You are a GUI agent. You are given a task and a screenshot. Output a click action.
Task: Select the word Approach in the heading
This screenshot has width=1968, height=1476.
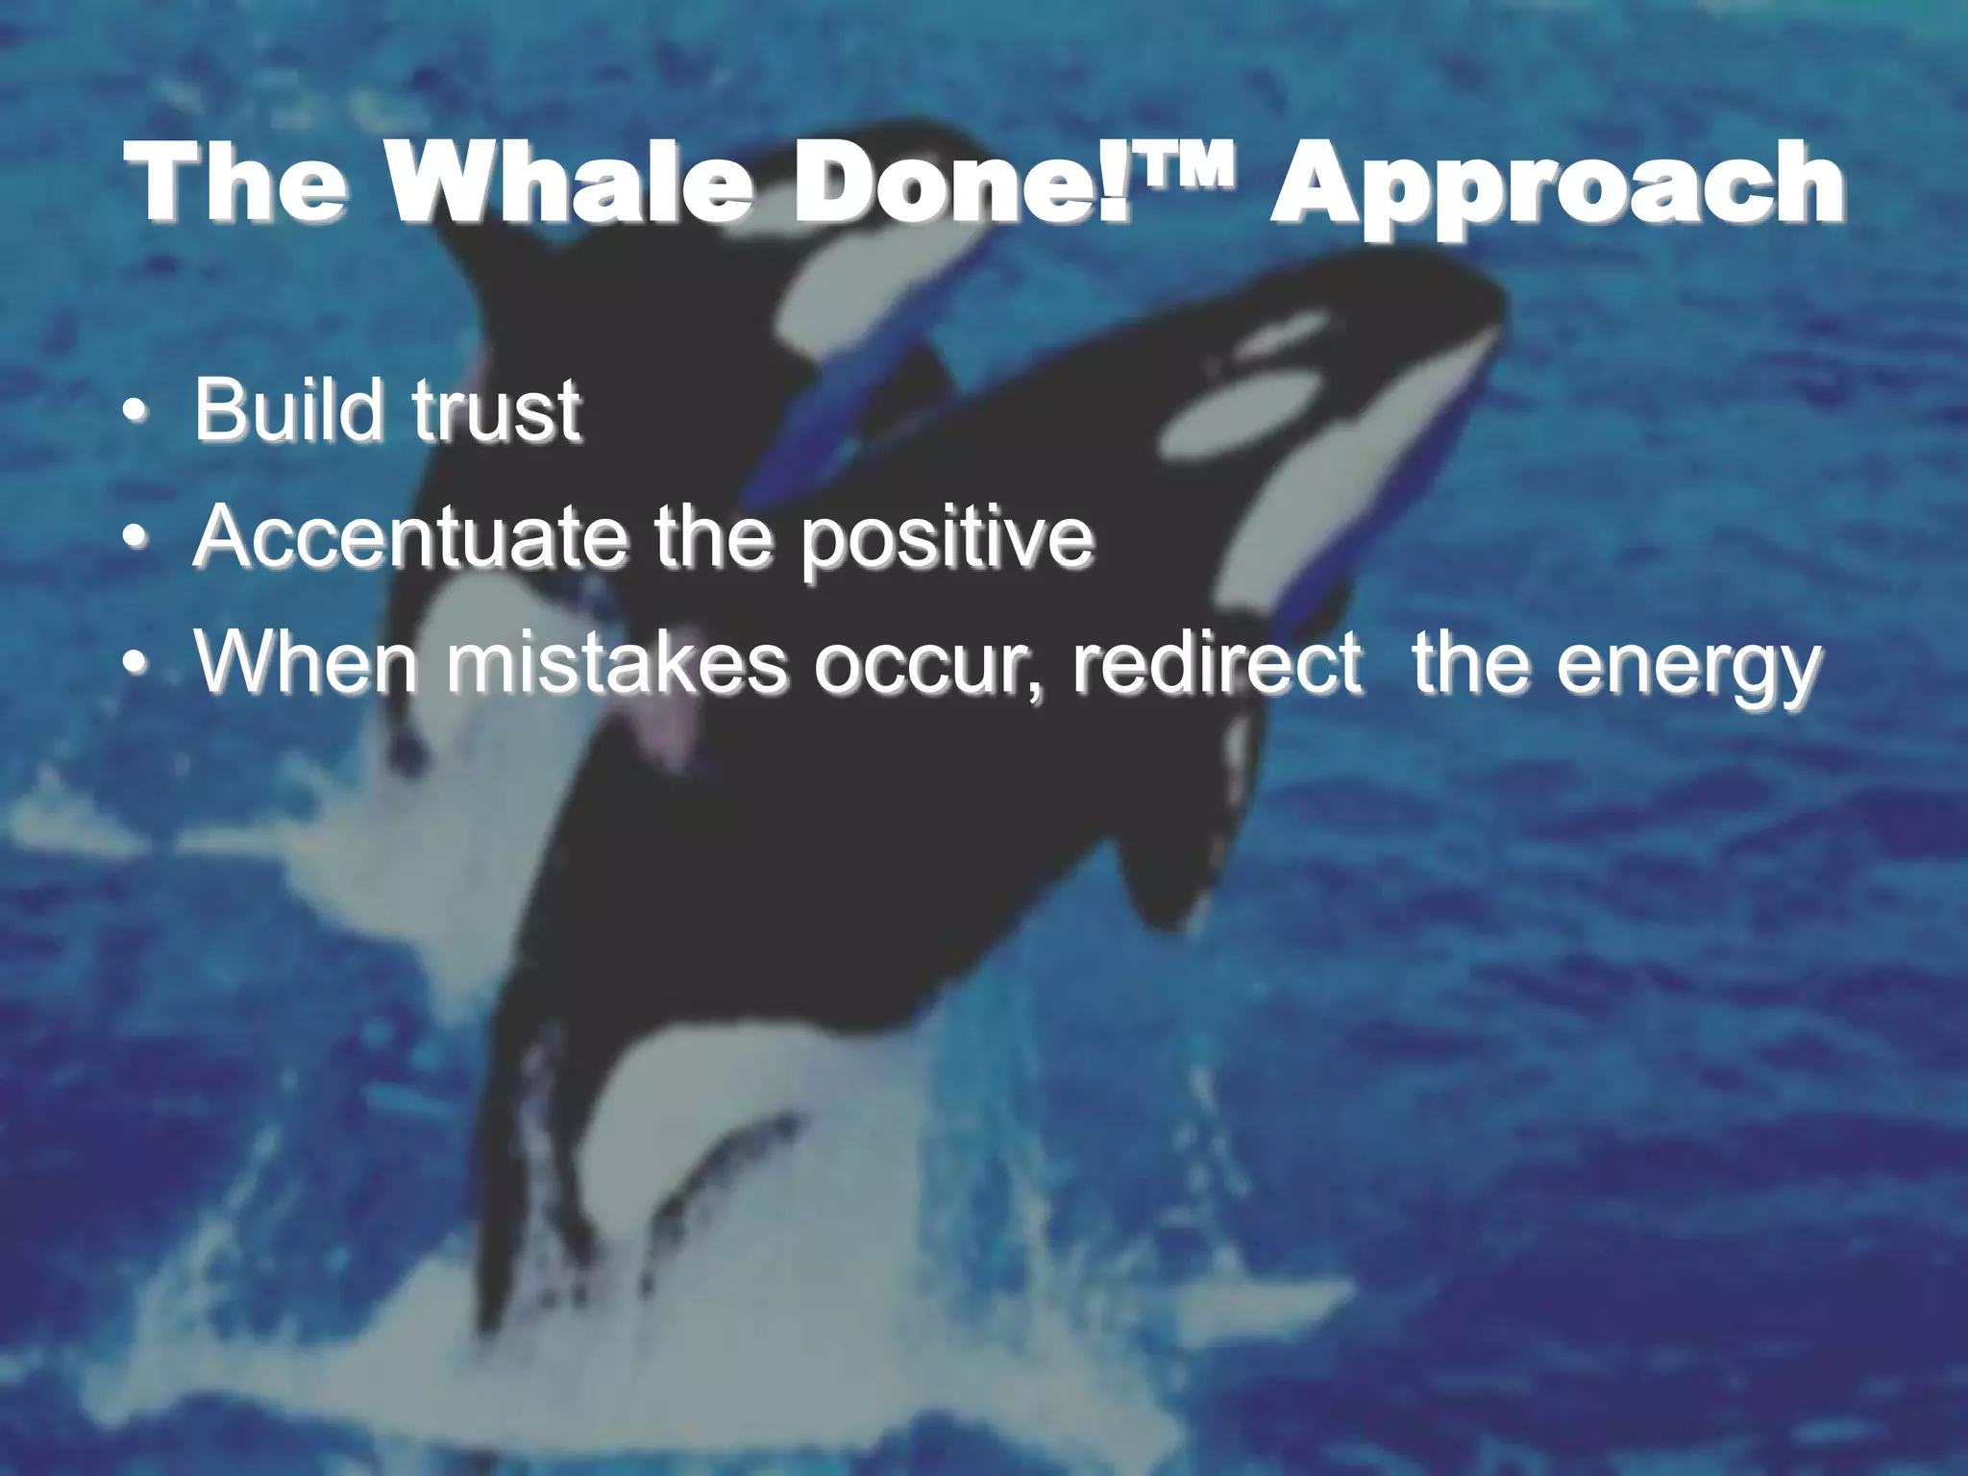click(x=1557, y=187)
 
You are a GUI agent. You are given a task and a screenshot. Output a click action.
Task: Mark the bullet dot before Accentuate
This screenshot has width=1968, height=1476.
click(x=136, y=538)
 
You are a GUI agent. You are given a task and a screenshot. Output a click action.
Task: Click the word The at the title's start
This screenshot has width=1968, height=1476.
click(x=240, y=183)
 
